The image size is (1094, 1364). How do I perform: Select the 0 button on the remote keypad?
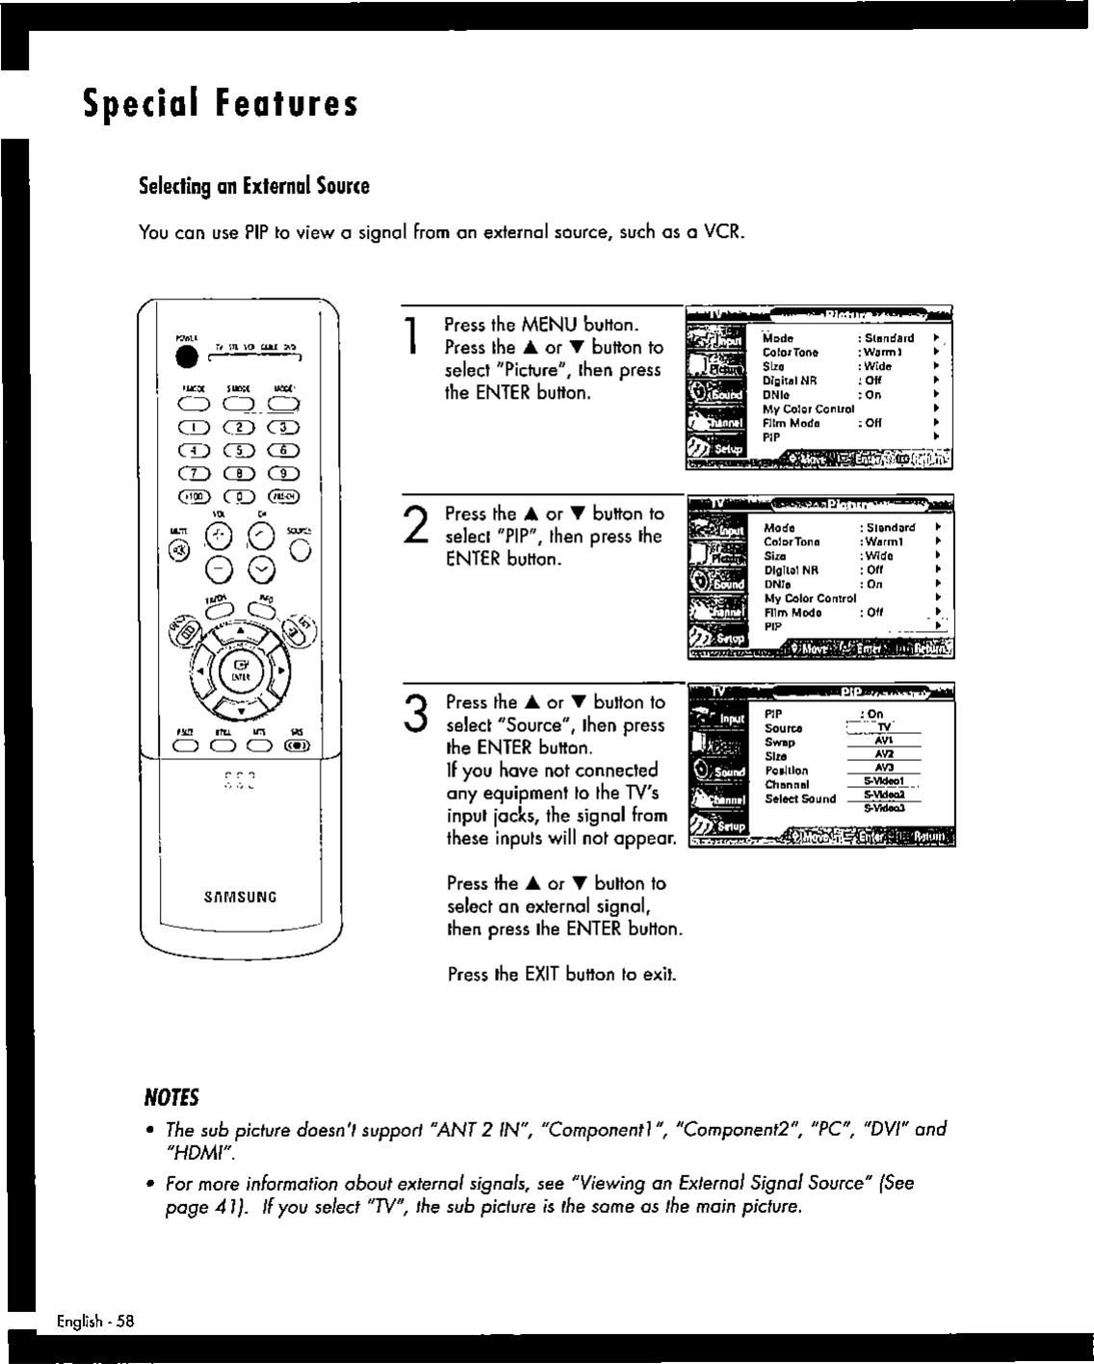coord(238,497)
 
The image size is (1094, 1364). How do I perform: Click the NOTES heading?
coord(170,1097)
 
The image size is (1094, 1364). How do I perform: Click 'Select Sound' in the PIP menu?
coord(799,799)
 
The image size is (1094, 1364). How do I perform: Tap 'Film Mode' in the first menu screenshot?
coord(791,423)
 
